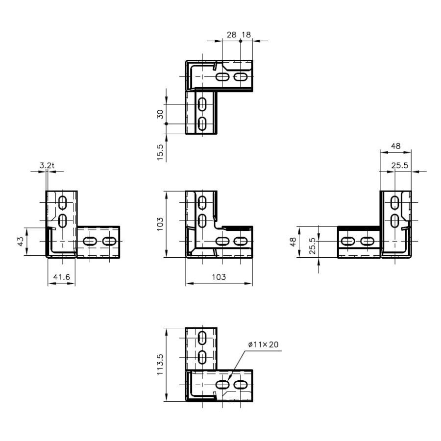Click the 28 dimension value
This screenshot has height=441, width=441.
point(231,35)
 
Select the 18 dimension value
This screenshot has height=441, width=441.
point(246,35)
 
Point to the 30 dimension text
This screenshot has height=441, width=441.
point(160,114)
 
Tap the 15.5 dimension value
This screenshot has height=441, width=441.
point(160,152)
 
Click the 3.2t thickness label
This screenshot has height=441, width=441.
point(47,165)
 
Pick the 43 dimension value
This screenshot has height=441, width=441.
point(21,242)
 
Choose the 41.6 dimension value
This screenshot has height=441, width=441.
point(61,277)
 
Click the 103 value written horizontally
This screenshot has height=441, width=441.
point(219,277)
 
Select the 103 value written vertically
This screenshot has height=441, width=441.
point(160,224)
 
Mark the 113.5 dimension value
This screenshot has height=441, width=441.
point(160,364)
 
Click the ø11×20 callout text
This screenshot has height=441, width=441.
point(264,344)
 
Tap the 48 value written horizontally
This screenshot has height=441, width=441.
point(396,146)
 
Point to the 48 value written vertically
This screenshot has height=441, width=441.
point(293,242)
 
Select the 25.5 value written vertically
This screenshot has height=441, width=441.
point(313,246)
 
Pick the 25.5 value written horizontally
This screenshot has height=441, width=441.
point(400,165)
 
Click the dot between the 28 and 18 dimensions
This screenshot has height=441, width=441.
point(241,41)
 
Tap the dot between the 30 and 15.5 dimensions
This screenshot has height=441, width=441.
point(167,124)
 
